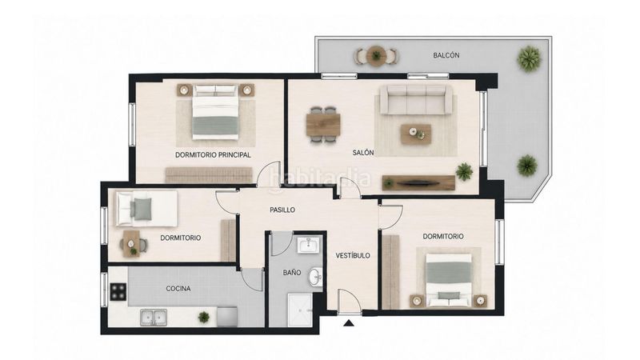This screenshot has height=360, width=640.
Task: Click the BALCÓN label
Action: (446, 55)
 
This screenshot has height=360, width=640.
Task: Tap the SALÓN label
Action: (363, 153)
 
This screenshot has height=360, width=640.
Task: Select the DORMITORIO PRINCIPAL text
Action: (213, 155)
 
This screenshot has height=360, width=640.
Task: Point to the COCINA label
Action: (178, 289)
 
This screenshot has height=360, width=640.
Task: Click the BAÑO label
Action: (292, 272)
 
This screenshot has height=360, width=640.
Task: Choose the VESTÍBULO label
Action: (353, 255)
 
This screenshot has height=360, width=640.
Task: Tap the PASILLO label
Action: (282, 210)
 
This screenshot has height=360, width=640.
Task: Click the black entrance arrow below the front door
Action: (348, 323)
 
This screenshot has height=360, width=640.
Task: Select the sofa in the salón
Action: (416, 99)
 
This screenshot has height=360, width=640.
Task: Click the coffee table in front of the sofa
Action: (416, 134)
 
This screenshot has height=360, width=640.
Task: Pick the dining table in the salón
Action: (323, 125)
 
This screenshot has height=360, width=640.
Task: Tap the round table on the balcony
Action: (375, 55)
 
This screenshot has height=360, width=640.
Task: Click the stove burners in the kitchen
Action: (118, 291)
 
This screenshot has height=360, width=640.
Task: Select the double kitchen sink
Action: (154, 317)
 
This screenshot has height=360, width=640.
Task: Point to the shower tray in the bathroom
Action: (300, 310)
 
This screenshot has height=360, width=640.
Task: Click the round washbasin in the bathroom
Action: (315, 277)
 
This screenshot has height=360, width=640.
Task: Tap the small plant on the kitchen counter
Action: (204, 317)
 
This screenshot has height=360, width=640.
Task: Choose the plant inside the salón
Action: (465, 171)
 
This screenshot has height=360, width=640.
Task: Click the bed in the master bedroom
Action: (215, 111)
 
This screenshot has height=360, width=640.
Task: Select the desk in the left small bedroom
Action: (131, 244)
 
